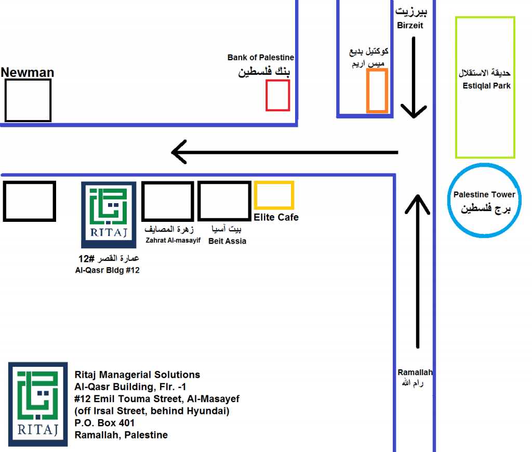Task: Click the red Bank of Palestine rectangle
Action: [x=277, y=95]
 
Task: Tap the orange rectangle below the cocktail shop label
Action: [x=377, y=90]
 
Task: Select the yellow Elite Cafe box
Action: [x=274, y=195]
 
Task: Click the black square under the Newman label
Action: [x=28, y=100]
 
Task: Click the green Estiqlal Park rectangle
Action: [x=485, y=87]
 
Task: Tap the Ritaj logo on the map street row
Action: [x=109, y=215]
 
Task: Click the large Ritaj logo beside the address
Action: [x=38, y=404]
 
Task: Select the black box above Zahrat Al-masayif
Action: [x=168, y=201]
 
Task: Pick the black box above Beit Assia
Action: [x=224, y=201]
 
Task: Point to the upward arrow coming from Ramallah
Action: [x=418, y=270]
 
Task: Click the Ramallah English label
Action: [x=415, y=373]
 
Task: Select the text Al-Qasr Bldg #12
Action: [x=108, y=270]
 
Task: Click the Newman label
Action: [x=28, y=72]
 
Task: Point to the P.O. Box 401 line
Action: [x=104, y=423]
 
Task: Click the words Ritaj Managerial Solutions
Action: [x=137, y=375]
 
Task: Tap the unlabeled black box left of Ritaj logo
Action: [x=30, y=201]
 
